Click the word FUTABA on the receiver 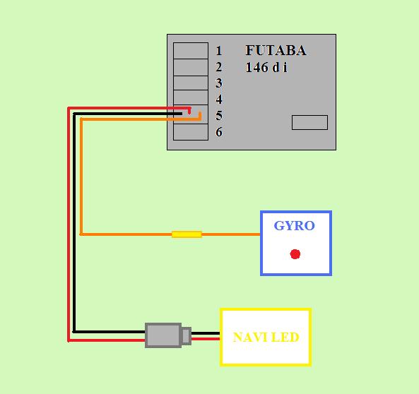tap(276, 50)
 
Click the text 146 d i tap(266, 67)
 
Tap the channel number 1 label tap(219, 51)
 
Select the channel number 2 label tap(219, 67)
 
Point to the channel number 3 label tap(219, 83)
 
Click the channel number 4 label tap(219, 99)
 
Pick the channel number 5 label tap(219, 116)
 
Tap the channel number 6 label tap(219, 132)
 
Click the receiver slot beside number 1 tap(191, 51)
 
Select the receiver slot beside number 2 tap(191, 67)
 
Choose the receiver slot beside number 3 tap(191, 83)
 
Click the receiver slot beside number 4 tap(191, 97)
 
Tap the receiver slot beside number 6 tap(191, 132)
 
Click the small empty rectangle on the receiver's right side tap(309, 123)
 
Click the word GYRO tap(295, 226)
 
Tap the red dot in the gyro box tap(295, 254)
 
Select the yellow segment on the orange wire tap(187, 234)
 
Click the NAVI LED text tap(266, 337)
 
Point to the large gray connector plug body tap(163, 335)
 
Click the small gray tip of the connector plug tap(187, 336)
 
